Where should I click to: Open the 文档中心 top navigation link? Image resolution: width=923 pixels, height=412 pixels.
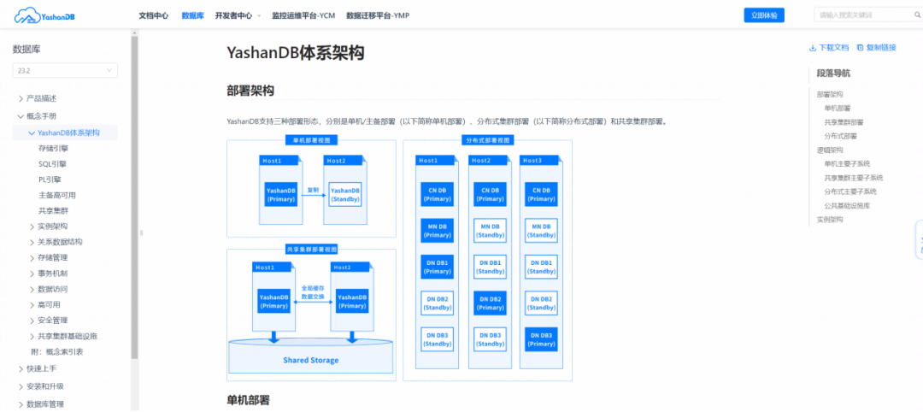pyautogui.click(x=153, y=15)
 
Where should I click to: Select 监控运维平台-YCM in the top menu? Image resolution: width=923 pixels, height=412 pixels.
pyautogui.click(x=303, y=15)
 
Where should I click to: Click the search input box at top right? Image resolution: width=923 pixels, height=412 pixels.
pyautogui.click(x=863, y=15)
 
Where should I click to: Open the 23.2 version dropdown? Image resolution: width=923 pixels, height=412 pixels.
pyautogui.click(x=65, y=71)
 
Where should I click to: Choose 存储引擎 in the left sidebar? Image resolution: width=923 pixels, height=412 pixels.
pyautogui.click(x=53, y=149)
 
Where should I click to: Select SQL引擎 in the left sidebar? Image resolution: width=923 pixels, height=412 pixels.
pyautogui.click(x=52, y=164)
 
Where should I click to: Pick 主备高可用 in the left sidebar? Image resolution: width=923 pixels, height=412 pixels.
pyautogui.click(x=57, y=196)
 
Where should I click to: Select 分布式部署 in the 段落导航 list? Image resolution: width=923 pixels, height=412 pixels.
pyautogui.click(x=840, y=136)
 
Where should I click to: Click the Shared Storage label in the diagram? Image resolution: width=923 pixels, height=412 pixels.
pyautogui.click(x=310, y=360)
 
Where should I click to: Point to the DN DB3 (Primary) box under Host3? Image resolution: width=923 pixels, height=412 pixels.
pyautogui.click(x=542, y=339)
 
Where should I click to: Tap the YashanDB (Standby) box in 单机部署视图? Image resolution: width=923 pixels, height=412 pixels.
pyautogui.click(x=345, y=194)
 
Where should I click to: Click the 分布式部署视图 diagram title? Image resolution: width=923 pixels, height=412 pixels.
pyautogui.click(x=487, y=140)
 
